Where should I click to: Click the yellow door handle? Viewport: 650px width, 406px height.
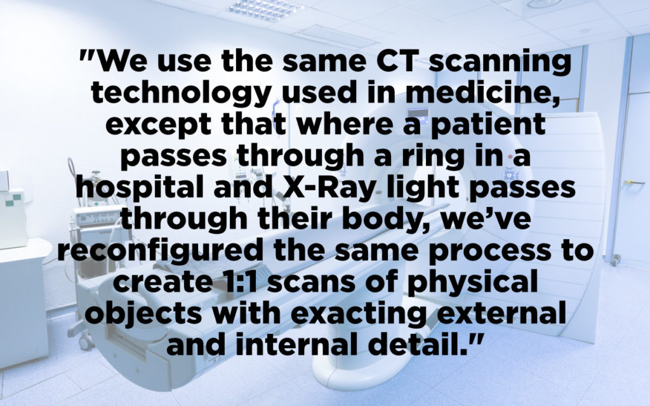[634, 182]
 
